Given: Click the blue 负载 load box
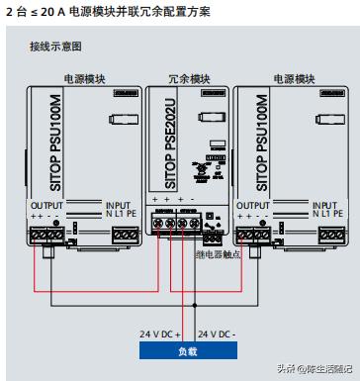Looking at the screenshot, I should (187, 349).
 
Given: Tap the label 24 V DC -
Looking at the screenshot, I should (217, 333).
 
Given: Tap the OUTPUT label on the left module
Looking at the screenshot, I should (47, 205).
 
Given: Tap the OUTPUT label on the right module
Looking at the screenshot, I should (253, 205).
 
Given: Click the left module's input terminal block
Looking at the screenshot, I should (124, 235).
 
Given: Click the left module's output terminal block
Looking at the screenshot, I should (47, 235).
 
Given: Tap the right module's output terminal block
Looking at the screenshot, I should (252, 235).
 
